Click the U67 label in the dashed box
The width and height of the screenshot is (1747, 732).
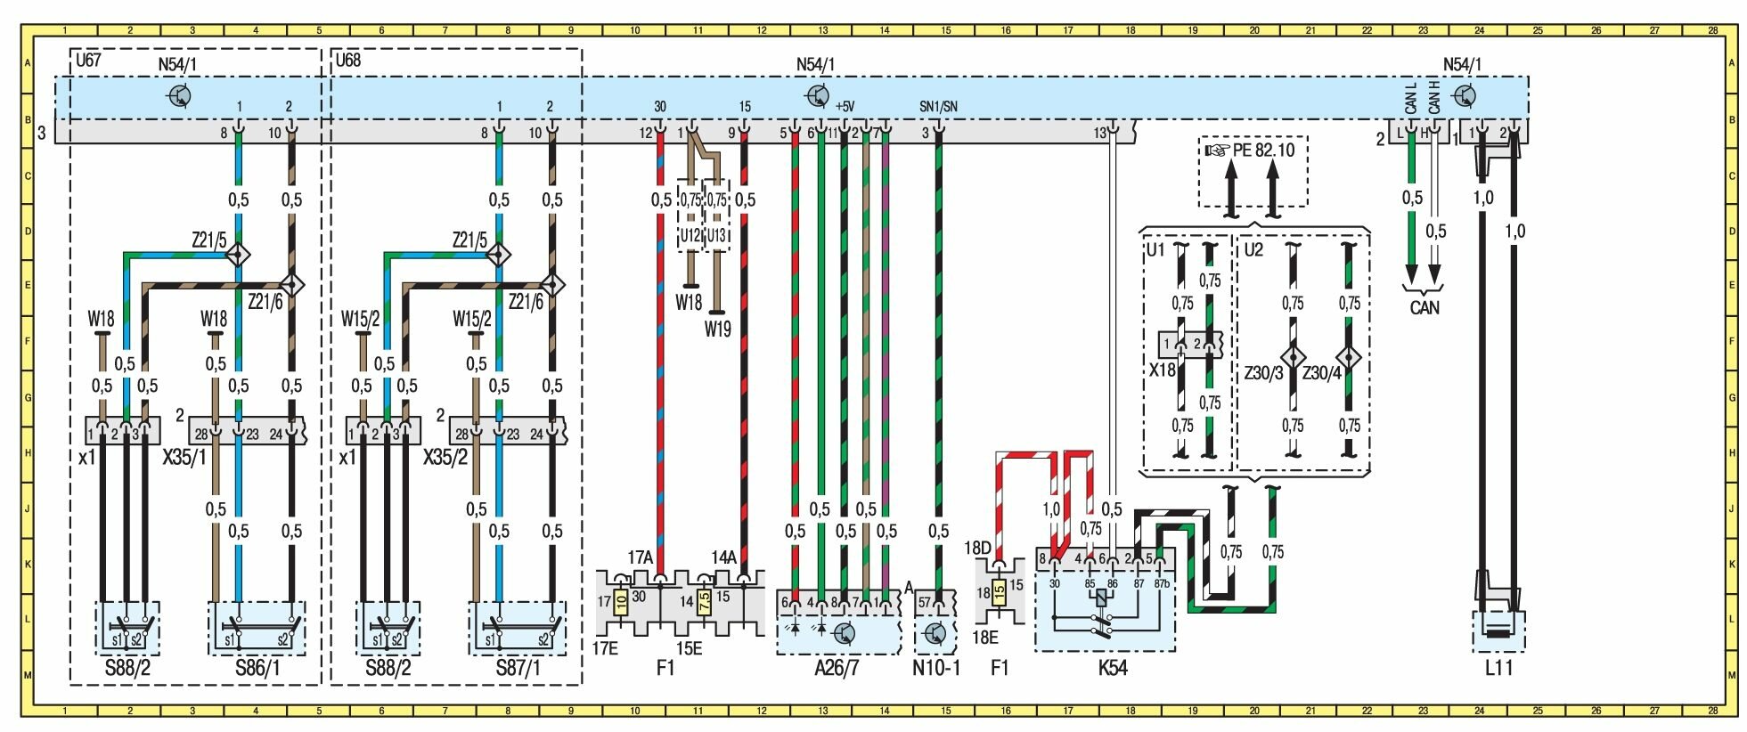(x=88, y=61)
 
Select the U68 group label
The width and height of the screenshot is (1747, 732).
(x=347, y=61)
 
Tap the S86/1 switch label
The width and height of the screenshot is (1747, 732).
(x=257, y=667)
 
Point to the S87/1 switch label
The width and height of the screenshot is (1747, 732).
(x=518, y=667)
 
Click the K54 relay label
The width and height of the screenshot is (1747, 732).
(x=1113, y=667)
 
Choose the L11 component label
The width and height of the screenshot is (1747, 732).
(x=1498, y=667)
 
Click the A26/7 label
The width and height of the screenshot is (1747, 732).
(x=837, y=667)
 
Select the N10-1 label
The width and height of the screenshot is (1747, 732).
(x=936, y=667)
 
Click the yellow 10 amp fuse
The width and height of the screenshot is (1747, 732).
(x=621, y=602)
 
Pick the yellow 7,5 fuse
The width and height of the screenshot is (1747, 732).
(x=705, y=602)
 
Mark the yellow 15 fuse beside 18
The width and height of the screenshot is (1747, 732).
(x=1000, y=590)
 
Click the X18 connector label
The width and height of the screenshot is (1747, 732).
(x=1162, y=370)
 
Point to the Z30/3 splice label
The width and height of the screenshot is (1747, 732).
(x=1263, y=373)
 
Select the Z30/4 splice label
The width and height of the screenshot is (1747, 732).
(x=1321, y=373)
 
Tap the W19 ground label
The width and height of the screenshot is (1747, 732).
(x=717, y=329)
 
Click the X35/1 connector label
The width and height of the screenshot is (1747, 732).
(x=184, y=457)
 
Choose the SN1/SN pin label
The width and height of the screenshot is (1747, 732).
(x=938, y=107)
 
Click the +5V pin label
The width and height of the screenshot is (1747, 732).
(x=845, y=107)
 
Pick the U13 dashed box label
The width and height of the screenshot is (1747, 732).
(x=716, y=236)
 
